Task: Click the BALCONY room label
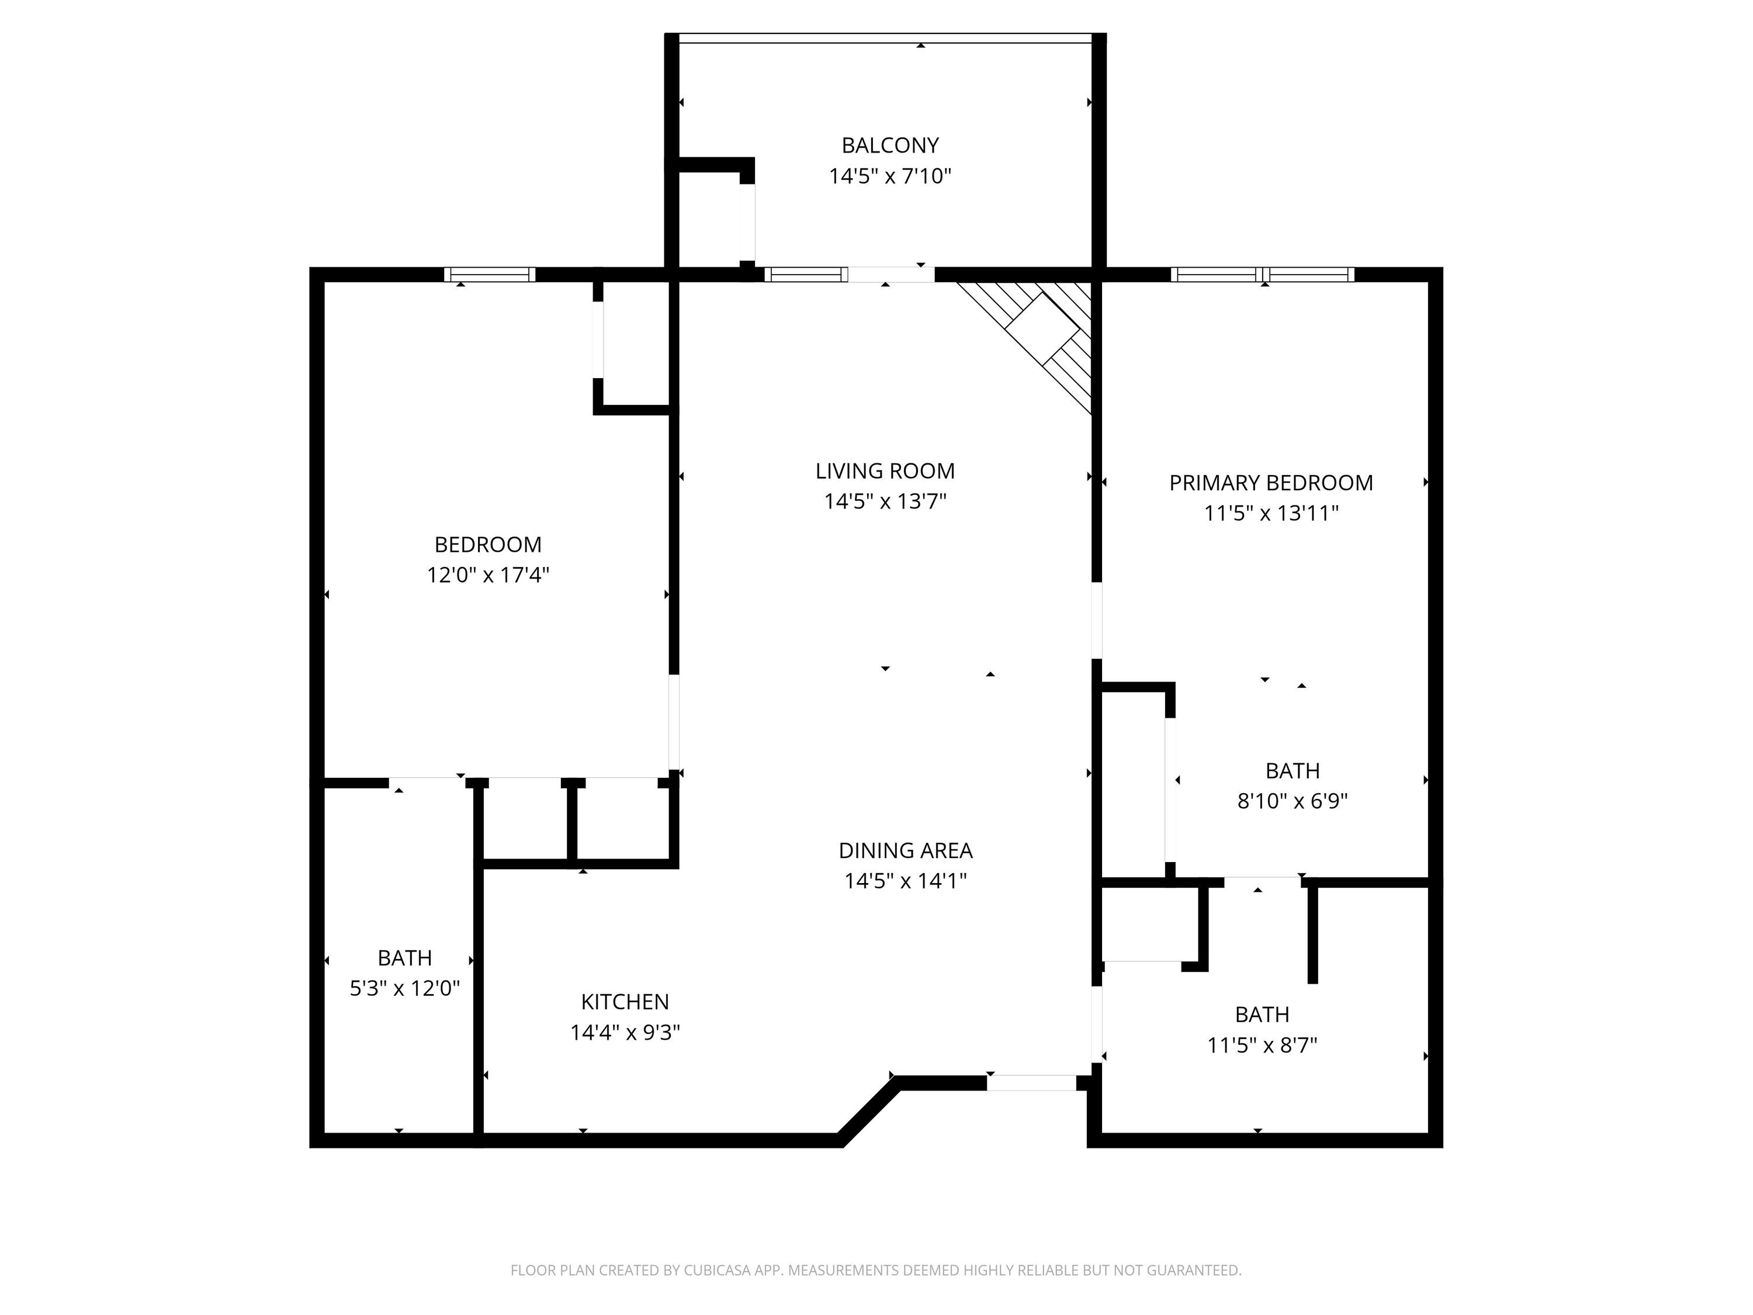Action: pos(890,146)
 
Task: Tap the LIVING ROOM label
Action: pos(885,472)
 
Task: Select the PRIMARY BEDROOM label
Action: pos(1271,483)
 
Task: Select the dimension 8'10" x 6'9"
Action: pos(1293,801)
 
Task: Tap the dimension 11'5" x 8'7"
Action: pos(1262,1046)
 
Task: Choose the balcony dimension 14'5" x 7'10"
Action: pos(890,176)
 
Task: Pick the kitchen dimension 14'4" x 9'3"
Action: pos(625,1033)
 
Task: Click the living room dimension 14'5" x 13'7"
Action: pos(885,501)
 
